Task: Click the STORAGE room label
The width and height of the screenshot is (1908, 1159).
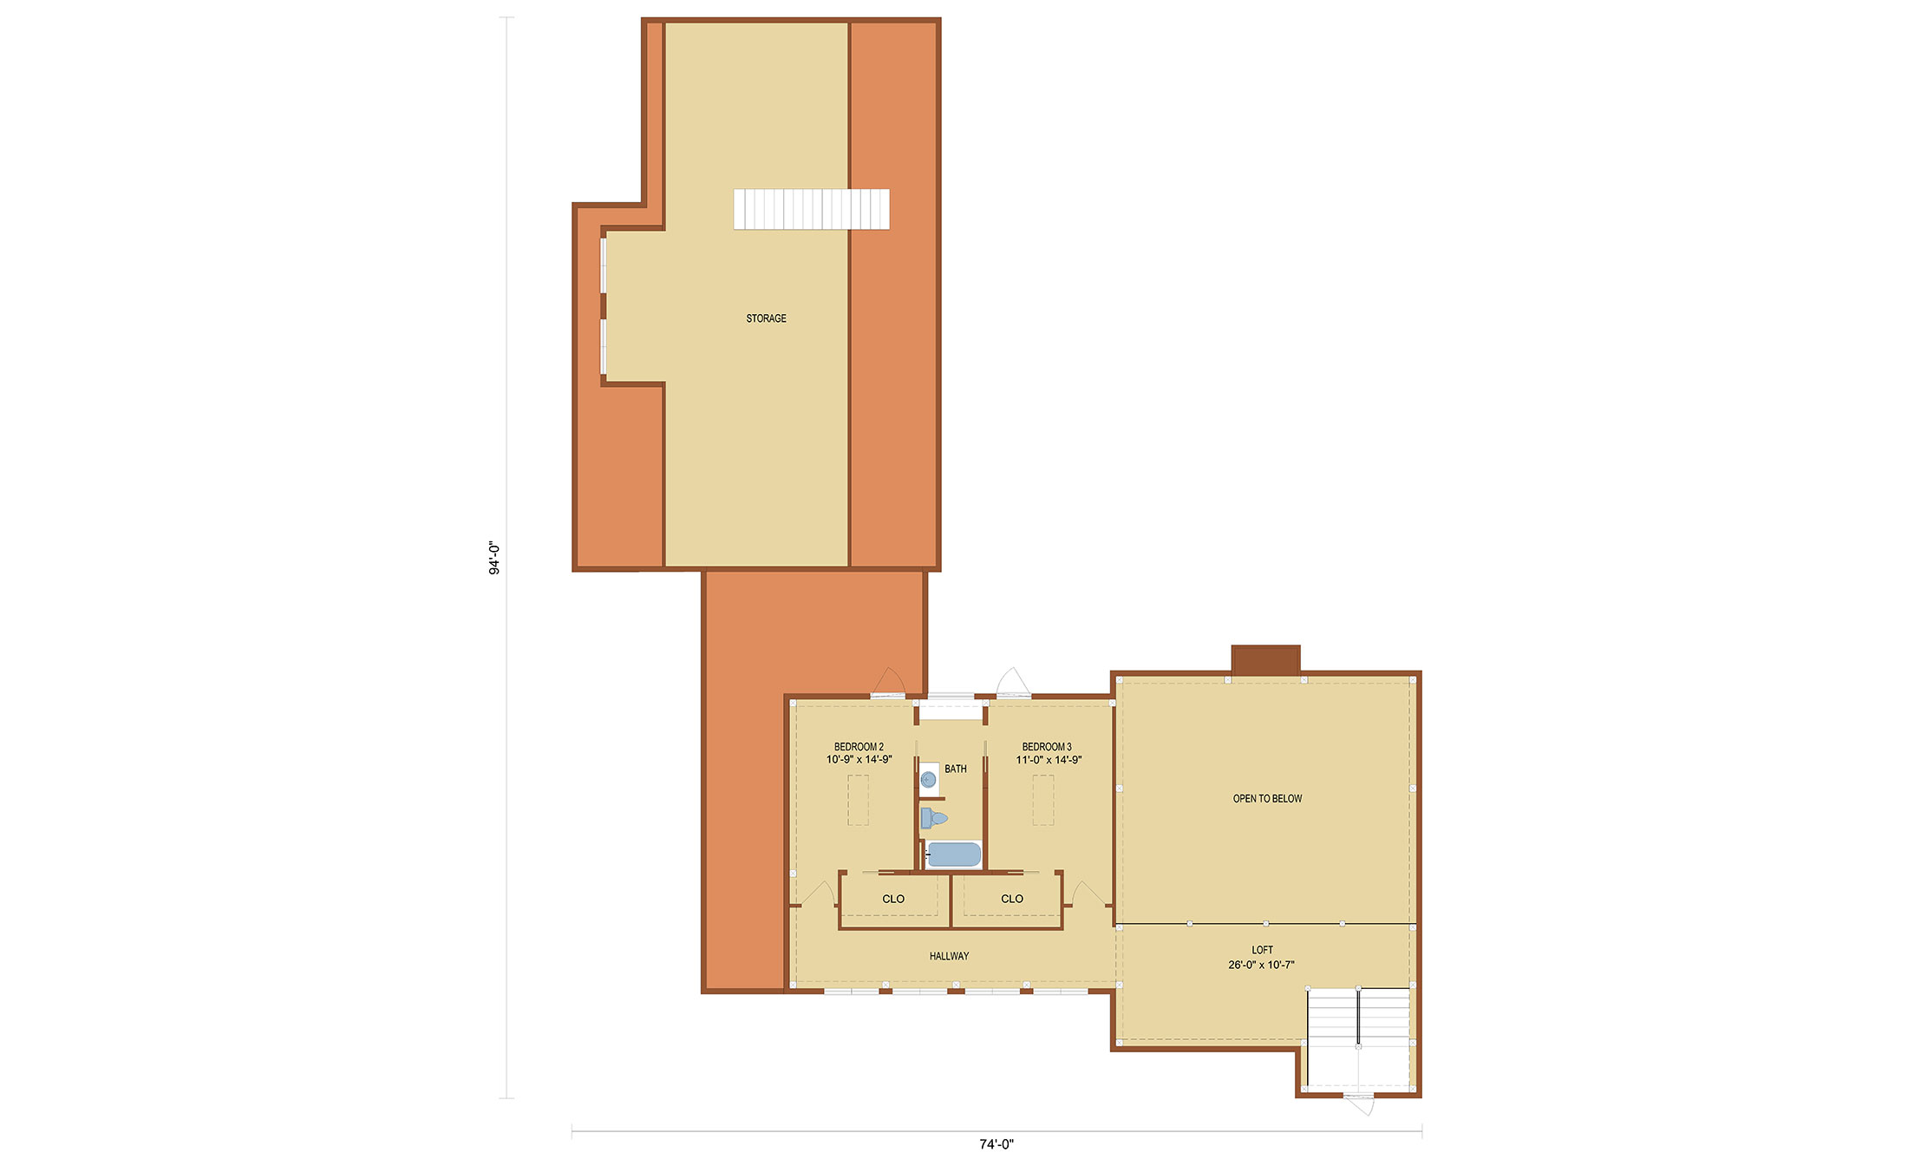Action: click(x=766, y=318)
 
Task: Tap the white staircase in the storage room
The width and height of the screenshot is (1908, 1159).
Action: click(x=811, y=209)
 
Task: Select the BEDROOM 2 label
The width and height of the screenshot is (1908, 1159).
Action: click(x=859, y=747)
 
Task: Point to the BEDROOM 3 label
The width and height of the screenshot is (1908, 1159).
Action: click(x=1047, y=747)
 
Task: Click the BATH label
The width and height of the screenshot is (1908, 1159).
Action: click(x=956, y=769)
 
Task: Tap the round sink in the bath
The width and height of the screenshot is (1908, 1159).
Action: click(x=929, y=779)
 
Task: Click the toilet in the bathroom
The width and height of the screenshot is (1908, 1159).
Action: click(x=933, y=818)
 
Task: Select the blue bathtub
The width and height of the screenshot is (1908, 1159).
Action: click(x=953, y=855)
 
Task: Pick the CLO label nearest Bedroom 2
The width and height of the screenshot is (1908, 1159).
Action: click(x=893, y=899)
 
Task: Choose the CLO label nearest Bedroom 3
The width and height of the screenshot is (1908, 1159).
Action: click(x=1012, y=899)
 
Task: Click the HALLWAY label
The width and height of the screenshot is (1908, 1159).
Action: click(x=949, y=956)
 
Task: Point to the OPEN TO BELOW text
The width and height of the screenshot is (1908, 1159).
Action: click(x=1267, y=799)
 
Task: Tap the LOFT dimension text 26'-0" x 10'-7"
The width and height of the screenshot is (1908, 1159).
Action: click(x=1261, y=965)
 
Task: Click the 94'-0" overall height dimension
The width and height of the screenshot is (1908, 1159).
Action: click(x=494, y=559)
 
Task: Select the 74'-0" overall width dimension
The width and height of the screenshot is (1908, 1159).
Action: click(x=996, y=1144)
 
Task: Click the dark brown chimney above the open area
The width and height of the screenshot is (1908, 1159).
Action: click(x=1265, y=659)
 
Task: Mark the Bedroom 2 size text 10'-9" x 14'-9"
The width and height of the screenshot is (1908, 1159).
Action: click(x=859, y=760)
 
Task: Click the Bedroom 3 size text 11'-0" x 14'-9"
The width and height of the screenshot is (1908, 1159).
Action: click(x=1049, y=760)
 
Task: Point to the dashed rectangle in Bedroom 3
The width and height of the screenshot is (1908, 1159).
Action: click(x=1043, y=800)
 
